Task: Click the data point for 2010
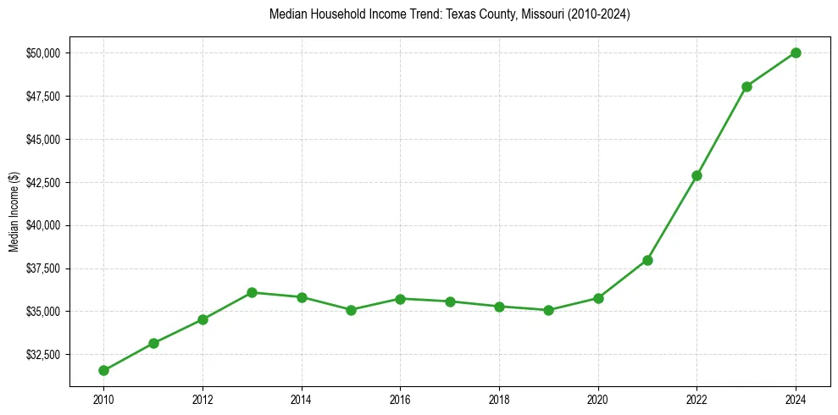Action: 103,370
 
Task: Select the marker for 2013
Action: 252,292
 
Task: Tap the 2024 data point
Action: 796,53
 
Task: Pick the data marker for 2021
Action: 647,260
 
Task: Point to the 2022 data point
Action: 696,175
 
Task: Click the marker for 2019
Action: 548,310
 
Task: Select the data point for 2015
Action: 351,310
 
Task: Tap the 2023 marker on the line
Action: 746,86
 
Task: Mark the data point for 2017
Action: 450,302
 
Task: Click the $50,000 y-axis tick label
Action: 44,53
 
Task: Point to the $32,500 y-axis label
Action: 44,355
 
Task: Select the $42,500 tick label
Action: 44,182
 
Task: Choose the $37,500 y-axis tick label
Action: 44,268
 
